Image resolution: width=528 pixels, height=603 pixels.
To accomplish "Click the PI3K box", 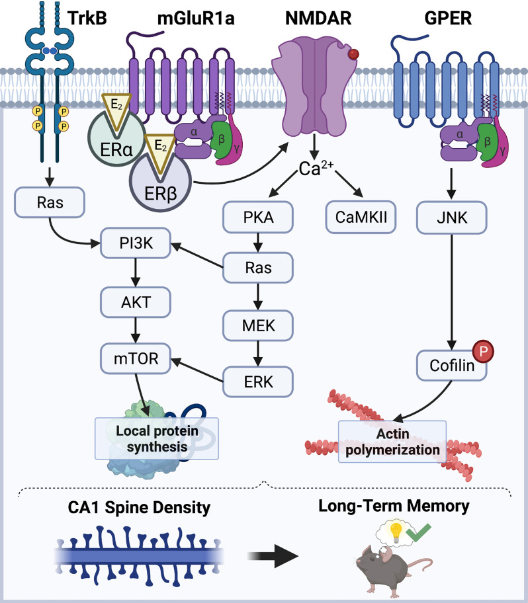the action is coord(136,243).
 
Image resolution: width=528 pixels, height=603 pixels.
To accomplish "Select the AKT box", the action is coord(136,302).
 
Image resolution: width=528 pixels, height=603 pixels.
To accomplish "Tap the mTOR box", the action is coord(136,358).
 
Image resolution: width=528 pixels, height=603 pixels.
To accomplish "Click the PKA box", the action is coord(258,218).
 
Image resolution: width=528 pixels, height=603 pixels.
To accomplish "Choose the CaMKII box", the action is coord(361,218).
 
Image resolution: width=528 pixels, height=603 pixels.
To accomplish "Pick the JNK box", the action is coord(452,218).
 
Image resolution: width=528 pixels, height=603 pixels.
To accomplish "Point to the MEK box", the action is coord(258,326).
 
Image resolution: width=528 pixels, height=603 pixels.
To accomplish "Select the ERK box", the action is coord(258,382).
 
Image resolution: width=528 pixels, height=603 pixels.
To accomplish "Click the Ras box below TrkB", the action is coord(50,202).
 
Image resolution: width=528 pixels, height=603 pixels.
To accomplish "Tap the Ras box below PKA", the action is coord(258,268).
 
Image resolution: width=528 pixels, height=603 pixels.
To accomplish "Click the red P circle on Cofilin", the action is coord(484,351).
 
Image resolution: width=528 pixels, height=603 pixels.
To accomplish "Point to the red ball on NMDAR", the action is coord(353,54).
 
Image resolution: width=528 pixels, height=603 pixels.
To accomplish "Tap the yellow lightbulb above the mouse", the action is coord(395,532).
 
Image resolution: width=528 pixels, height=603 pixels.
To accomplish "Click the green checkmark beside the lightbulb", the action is coord(419,533).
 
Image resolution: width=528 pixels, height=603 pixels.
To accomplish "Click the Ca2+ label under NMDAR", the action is coord(316,169).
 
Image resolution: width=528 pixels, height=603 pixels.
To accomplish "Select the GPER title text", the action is coord(448,18).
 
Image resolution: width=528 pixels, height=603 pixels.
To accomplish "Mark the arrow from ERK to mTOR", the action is coord(197,370).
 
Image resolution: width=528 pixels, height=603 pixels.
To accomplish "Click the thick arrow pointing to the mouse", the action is coord(273,556).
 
